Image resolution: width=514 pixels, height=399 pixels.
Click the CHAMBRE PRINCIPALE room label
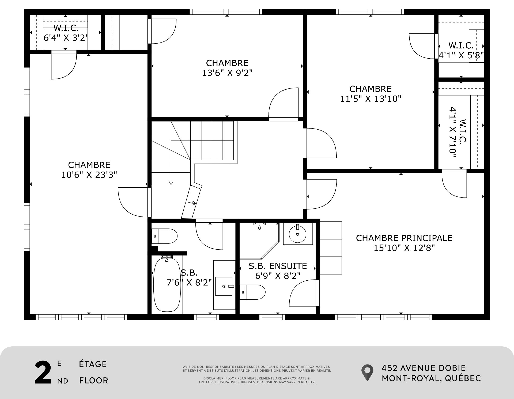coord(404,238)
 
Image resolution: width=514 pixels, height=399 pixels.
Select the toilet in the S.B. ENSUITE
coord(252,292)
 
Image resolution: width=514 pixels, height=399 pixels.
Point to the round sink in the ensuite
coord(298,234)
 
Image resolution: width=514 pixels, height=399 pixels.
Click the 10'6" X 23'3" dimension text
coord(89,175)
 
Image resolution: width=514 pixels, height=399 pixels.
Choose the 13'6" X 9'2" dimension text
coord(227,73)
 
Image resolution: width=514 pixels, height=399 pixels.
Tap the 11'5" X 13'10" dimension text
coord(371,99)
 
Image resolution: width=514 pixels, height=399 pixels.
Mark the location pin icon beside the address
coord(367,373)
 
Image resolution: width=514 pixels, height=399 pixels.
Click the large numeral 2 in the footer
coord(43,373)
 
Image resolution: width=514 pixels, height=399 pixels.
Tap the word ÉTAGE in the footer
coord(93,364)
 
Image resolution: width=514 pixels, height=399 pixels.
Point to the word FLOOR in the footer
coord(94,380)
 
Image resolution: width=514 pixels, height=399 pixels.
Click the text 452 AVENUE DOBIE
coord(424,368)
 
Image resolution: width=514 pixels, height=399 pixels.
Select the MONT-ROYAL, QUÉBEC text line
coord(431,378)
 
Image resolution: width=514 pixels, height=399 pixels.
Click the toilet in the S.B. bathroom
coord(164,236)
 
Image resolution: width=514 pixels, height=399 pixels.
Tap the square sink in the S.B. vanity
coord(224,286)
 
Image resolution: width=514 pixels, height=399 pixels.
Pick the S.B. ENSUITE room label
coord(278,266)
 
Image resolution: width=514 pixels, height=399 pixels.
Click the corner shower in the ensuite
coord(259,241)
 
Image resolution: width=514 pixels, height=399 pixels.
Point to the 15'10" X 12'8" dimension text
coord(404,248)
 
